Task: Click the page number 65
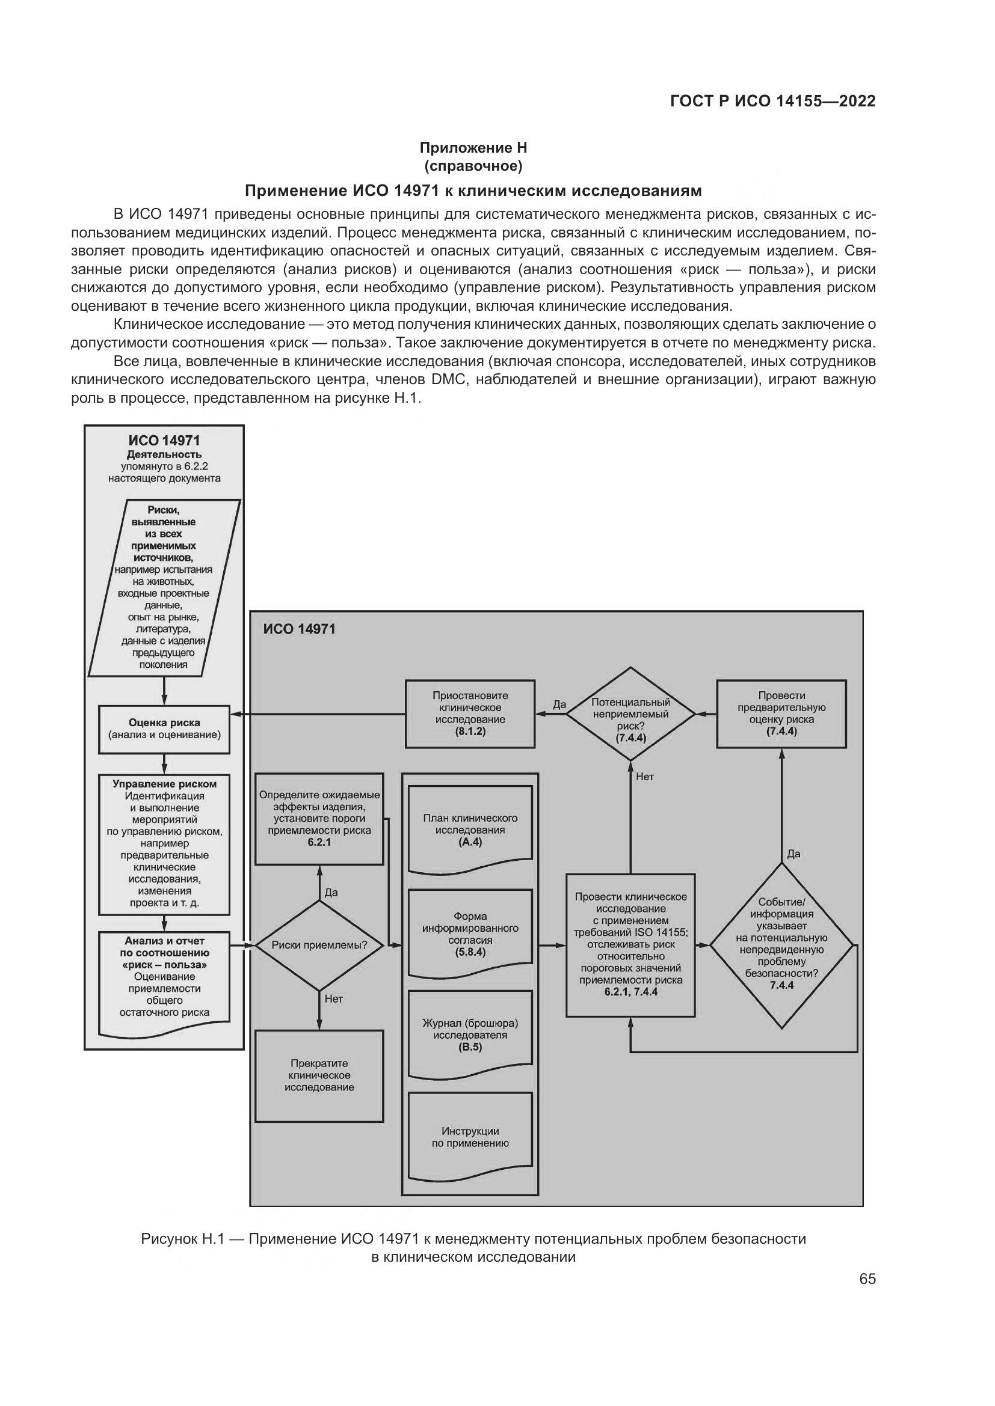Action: (867, 1279)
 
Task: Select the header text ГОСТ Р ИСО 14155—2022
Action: (772, 102)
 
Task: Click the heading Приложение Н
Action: (473, 148)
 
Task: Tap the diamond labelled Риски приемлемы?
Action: (319, 945)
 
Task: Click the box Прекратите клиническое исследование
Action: (319, 1075)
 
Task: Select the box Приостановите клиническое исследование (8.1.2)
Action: (470, 714)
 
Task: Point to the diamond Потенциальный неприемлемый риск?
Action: (630, 714)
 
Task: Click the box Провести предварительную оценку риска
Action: (781, 714)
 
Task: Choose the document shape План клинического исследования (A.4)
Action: (470, 830)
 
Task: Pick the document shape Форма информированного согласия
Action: (470, 934)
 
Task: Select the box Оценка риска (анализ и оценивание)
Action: (164, 729)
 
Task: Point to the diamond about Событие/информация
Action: (781, 946)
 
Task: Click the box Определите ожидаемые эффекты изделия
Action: (319, 818)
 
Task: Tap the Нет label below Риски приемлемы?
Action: (333, 999)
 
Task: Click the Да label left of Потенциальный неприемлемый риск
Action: (559, 705)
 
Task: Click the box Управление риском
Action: (164, 844)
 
